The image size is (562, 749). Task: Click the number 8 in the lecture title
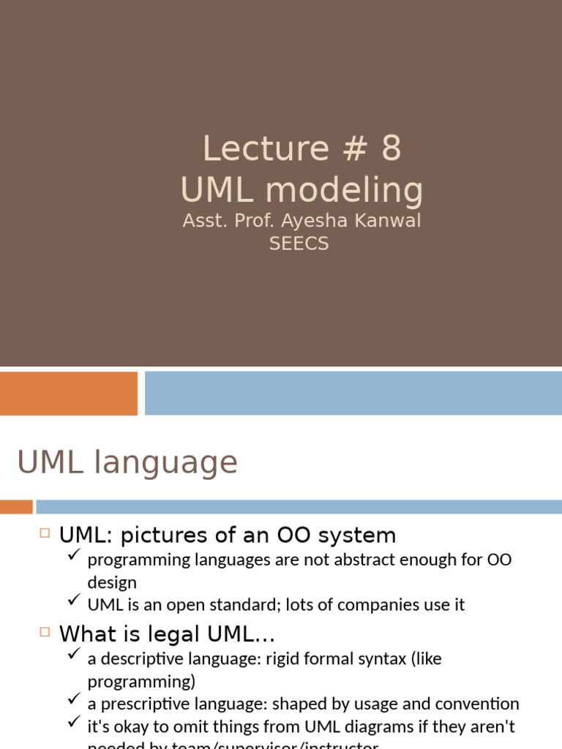[391, 148]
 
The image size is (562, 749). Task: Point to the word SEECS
[299, 244]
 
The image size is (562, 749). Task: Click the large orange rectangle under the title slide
[69, 394]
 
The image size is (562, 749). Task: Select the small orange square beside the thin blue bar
[16, 507]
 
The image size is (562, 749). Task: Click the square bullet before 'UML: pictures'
[45, 534]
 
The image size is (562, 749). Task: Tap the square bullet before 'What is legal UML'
[45, 632]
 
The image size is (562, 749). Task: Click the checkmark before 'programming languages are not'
[73, 557]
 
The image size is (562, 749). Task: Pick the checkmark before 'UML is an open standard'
[73, 601]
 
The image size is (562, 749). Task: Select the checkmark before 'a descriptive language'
[73, 655]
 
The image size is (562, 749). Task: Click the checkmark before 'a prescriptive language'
[73, 701]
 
